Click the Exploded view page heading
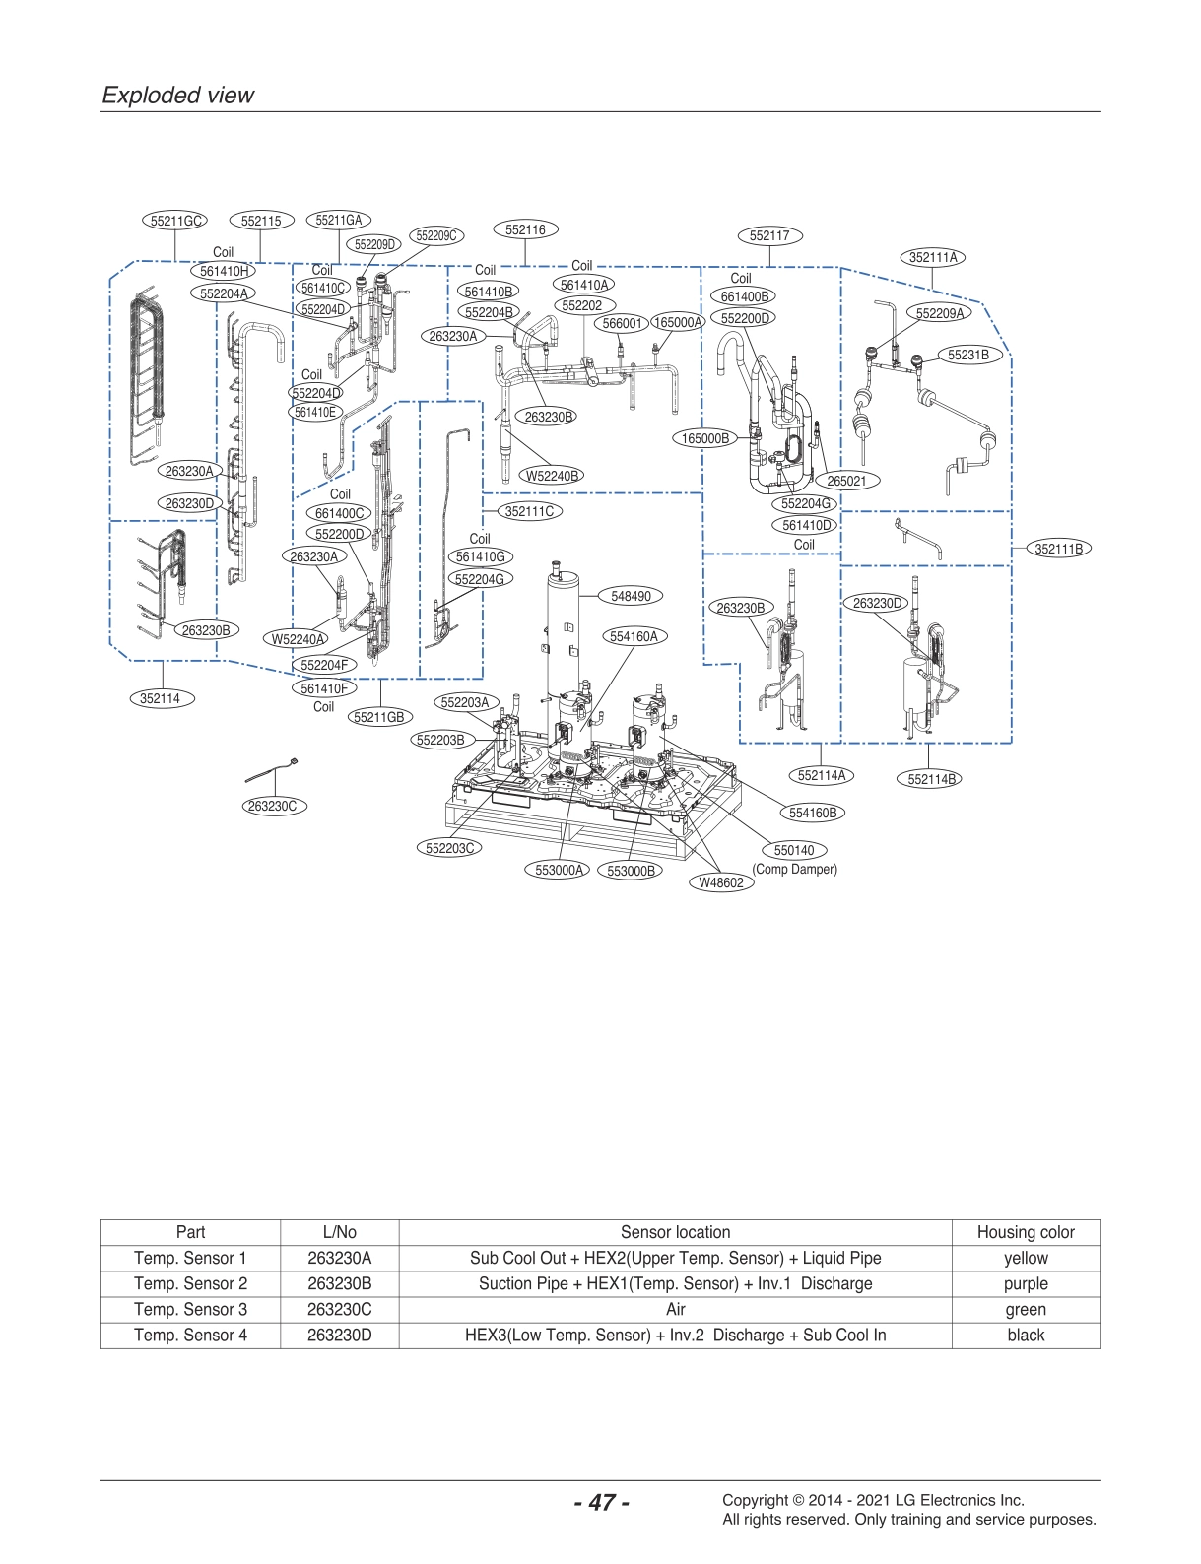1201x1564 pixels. pyautogui.click(x=178, y=96)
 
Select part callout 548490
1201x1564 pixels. pyautogui.click(x=631, y=596)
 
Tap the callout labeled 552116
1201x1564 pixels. pyautogui.click(x=524, y=229)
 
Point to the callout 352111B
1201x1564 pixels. pyautogui.click(x=1059, y=549)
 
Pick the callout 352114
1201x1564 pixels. pyautogui.click(x=160, y=698)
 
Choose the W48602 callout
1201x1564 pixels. pyautogui.click(x=721, y=882)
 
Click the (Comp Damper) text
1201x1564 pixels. pyautogui.click(x=794, y=870)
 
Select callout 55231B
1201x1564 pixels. pyautogui.click(x=967, y=355)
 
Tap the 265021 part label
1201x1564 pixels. pyautogui.click(x=846, y=481)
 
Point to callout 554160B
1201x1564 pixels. pyautogui.click(x=813, y=813)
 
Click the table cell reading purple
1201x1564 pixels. pyautogui.click(x=1025, y=1284)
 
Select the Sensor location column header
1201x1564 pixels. pyautogui.click(x=675, y=1232)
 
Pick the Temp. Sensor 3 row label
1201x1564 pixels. pyautogui.click(x=190, y=1310)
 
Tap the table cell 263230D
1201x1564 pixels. pyautogui.click(x=339, y=1336)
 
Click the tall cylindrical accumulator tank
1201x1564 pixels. pyautogui.click(x=564, y=630)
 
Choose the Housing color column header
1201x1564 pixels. pyautogui.click(x=1025, y=1232)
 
